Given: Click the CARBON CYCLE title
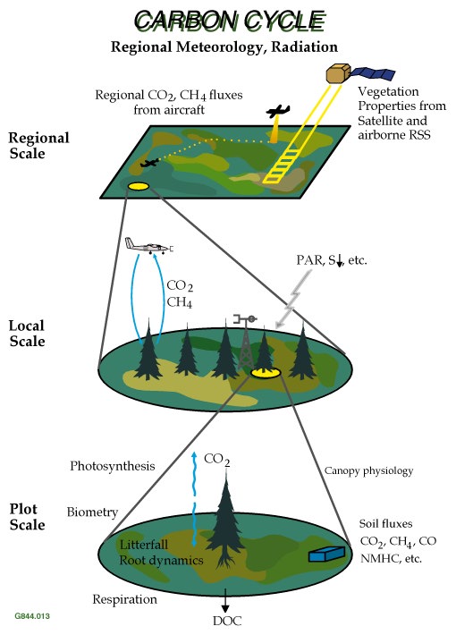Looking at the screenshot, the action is coord(230,21).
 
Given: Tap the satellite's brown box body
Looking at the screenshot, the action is coord(338,74).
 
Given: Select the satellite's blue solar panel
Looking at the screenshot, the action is coord(373,73).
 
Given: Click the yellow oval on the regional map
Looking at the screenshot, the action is coord(139,186).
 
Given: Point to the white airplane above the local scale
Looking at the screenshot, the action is coord(149,246).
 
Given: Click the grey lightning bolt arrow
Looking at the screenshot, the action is coord(292,299).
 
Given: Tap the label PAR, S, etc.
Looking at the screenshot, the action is coord(331,260).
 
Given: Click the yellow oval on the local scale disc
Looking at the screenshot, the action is coord(266,373).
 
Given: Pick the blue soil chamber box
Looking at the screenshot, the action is coord(326,554).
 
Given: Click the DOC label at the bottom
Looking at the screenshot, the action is coord(227,621).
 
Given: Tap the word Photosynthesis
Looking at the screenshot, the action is coord(112,466).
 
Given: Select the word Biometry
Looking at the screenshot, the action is coord(92,512).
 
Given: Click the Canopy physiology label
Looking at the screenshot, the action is coord(368,470).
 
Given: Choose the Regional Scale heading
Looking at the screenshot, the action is coord(38,146).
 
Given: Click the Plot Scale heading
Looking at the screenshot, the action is coord(27,517).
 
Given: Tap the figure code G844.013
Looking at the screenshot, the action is coord(32,616).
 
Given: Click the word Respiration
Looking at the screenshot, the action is coord(124,599).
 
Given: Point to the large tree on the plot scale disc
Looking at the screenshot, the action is coord(225,522).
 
